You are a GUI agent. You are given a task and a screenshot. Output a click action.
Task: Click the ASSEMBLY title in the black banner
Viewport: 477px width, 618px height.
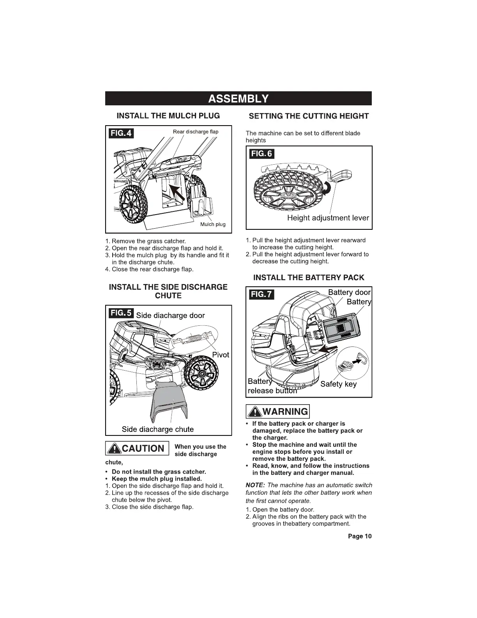pos(238,98)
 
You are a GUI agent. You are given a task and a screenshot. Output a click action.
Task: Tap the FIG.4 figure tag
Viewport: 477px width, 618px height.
pos(121,133)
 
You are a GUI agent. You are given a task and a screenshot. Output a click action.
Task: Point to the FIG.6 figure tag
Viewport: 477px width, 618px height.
pos(261,154)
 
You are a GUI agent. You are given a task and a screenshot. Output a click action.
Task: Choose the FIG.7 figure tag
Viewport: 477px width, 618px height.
pos(261,294)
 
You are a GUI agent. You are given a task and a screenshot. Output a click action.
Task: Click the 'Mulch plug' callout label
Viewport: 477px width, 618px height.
pos(213,224)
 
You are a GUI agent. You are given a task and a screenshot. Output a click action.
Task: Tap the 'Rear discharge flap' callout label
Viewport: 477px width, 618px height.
pos(196,131)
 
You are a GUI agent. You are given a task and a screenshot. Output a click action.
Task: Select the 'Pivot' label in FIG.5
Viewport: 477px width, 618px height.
pos(221,355)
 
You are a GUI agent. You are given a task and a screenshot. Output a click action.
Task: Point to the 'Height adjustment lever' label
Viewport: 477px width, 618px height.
pos(328,218)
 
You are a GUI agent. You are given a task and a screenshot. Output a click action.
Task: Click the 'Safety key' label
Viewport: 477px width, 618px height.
pos(338,384)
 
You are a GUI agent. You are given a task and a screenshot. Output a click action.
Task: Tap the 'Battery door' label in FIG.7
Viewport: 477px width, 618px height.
pos(349,293)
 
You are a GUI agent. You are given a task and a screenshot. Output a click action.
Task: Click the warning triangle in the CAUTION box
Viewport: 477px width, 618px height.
pos(115,448)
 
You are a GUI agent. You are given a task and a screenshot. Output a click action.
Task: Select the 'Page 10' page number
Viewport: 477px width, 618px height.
pos(360,536)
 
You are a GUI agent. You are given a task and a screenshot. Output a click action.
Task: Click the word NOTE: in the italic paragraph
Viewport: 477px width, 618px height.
pos(255,485)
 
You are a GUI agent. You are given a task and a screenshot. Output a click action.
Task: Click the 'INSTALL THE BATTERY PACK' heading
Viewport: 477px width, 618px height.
pos(309,277)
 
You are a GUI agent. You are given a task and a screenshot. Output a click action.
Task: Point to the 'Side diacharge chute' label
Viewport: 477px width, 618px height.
pos(157,429)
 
